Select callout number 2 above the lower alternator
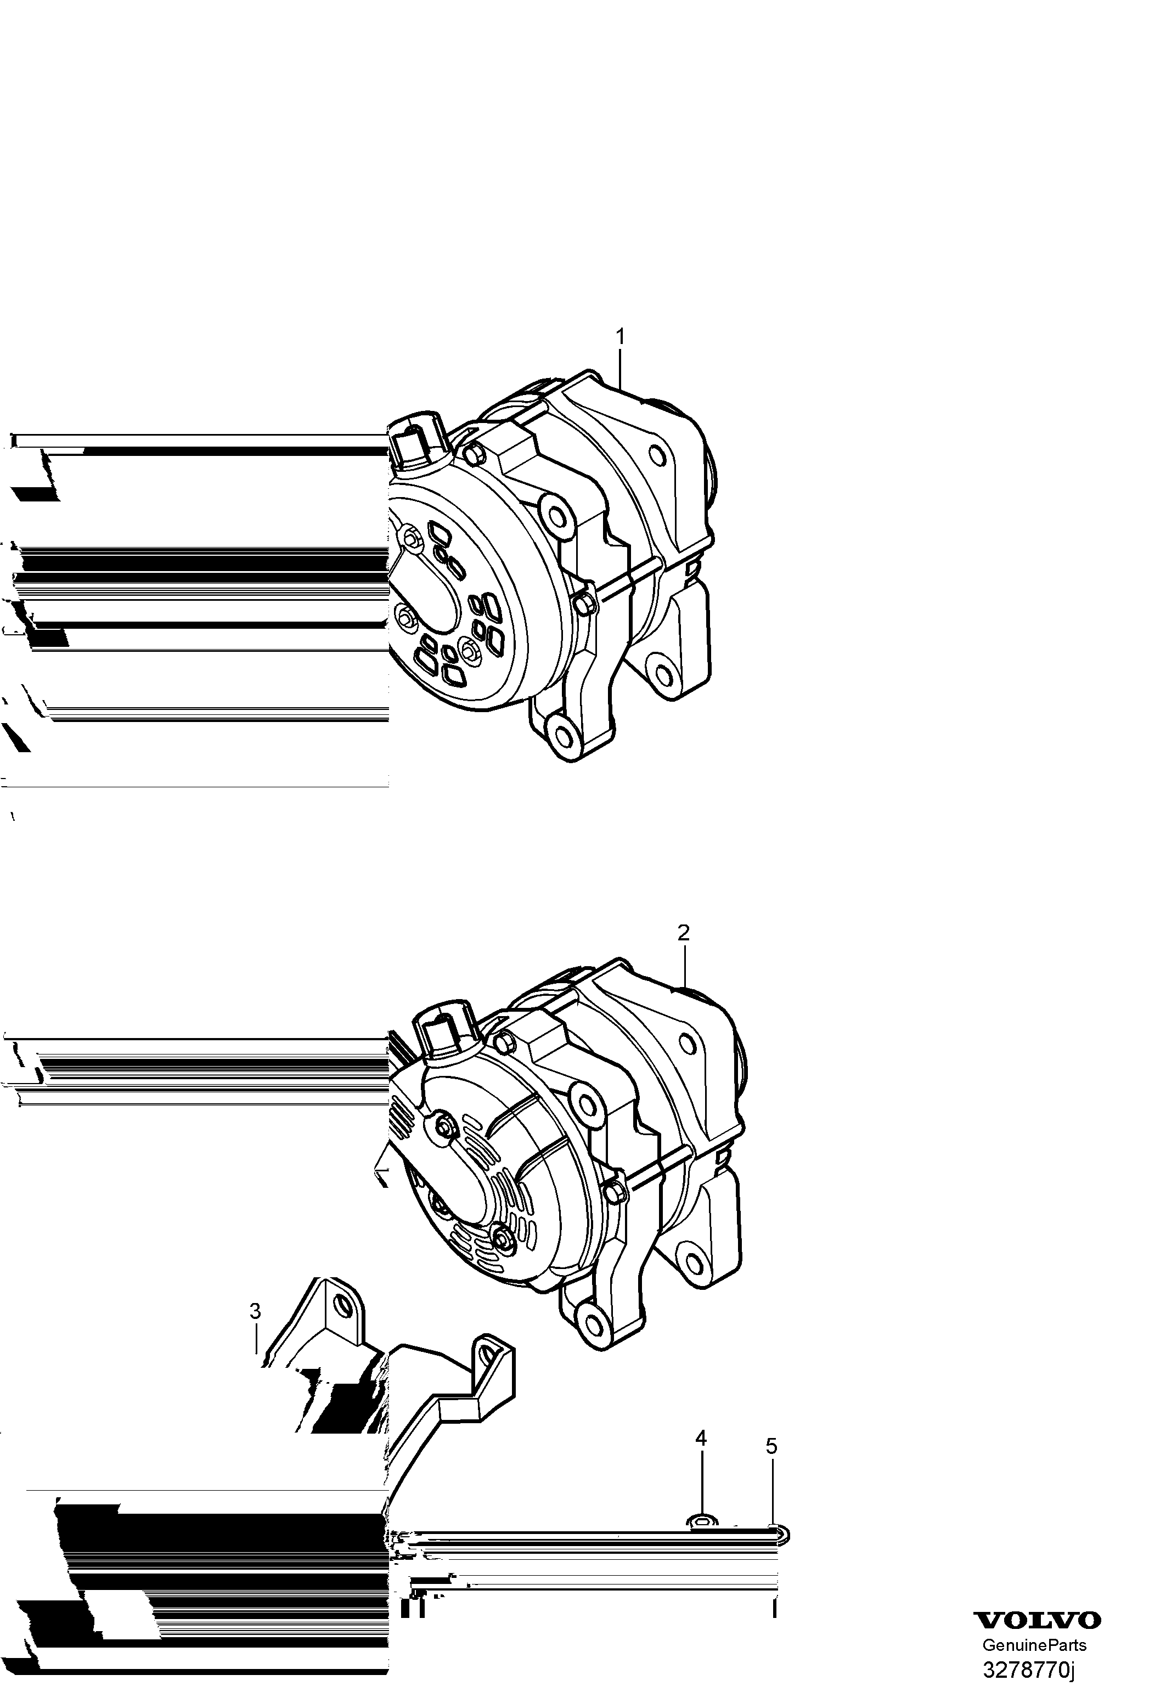coord(683,932)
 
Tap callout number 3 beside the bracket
coord(255,1311)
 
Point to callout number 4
coord(701,1438)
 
